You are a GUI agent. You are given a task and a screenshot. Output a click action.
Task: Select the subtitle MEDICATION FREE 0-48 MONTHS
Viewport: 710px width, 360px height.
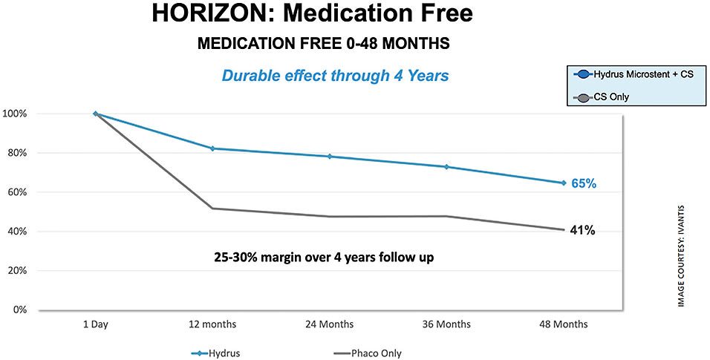pyautogui.click(x=323, y=44)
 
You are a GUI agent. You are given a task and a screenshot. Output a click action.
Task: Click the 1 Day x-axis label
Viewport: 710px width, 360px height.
pyautogui.click(x=95, y=324)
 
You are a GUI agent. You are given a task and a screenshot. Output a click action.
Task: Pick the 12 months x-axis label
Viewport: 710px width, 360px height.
pyautogui.click(x=212, y=324)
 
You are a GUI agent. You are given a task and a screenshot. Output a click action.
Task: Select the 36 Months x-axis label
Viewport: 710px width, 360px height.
pyautogui.click(x=446, y=324)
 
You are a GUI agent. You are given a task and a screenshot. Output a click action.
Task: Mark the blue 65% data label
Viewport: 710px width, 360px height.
pyautogui.click(x=583, y=183)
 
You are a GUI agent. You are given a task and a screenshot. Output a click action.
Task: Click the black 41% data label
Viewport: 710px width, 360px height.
pyautogui.click(x=583, y=231)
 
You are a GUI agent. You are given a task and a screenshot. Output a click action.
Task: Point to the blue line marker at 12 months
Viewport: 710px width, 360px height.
pyautogui.click(x=212, y=148)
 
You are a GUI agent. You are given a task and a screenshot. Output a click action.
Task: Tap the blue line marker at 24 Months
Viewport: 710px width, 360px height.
pyautogui.click(x=330, y=157)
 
